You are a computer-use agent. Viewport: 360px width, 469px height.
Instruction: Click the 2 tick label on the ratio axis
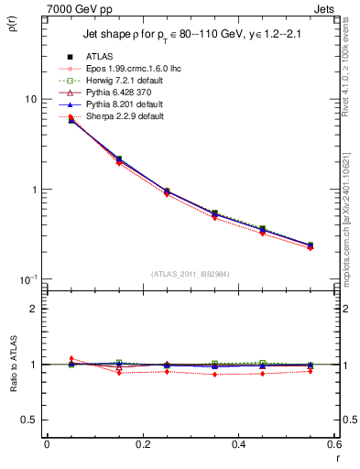point(32,309)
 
